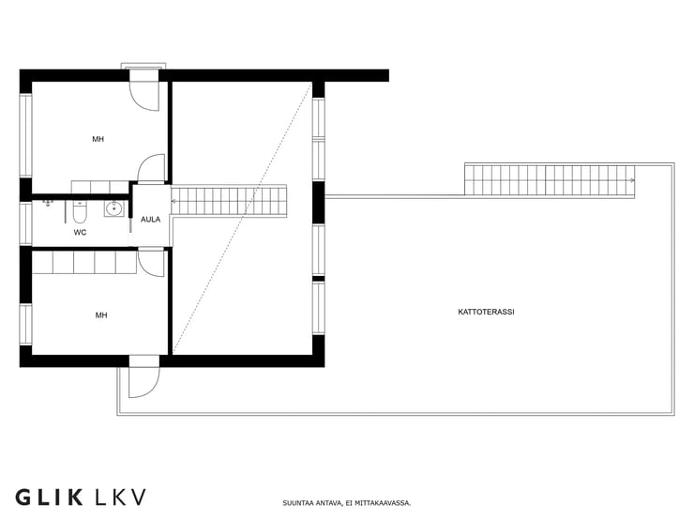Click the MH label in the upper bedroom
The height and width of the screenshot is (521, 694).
point(98,139)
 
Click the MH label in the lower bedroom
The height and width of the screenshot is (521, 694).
point(101,315)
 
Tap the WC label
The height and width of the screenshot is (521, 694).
point(80,232)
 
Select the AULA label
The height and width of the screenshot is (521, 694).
point(150,220)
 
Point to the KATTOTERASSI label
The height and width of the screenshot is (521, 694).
point(486,312)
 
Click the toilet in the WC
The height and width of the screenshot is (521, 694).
point(80,212)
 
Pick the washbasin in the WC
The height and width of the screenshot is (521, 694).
point(114,207)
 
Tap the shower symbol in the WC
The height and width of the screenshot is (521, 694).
point(47,204)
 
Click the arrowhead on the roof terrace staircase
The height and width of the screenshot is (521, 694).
point(632,180)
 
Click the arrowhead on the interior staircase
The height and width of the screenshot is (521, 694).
point(173,201)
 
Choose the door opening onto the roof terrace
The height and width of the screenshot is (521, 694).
point(143,383)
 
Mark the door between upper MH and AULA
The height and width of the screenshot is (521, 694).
point(151,168)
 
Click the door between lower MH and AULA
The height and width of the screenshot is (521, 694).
point(151,263)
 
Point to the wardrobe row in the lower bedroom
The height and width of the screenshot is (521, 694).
point(84,262)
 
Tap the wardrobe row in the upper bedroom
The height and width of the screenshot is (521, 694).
point(100,187)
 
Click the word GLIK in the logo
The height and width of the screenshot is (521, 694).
point(49,498)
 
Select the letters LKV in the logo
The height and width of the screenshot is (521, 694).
point(120,498)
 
